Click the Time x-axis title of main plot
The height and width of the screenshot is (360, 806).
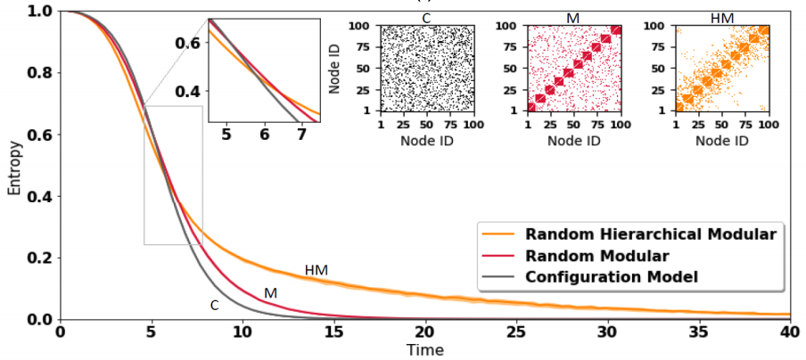pos(424,350)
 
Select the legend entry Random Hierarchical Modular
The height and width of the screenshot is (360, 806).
pos(650,235)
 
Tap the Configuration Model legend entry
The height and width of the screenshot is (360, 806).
pos(611,276)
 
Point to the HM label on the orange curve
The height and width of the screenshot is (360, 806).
pos(316,270)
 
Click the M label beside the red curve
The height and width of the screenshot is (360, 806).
pos(270,293)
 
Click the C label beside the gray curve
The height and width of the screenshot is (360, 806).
pos(214,305)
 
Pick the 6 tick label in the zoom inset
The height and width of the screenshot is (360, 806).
pos(264,134)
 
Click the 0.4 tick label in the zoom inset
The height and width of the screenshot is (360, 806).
pos(188,91)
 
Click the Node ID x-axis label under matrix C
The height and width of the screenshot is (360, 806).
pos(424,141)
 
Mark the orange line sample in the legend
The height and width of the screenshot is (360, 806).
pos(498,235)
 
